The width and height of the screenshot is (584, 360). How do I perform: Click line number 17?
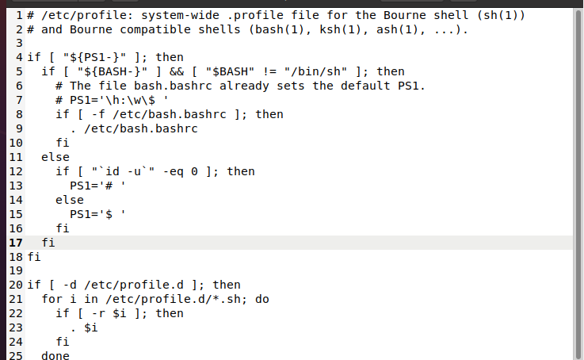click(15, 243)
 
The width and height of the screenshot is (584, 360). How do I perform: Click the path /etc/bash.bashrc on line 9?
click(141, 128)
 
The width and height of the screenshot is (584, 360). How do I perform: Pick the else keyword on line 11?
click(55, 157)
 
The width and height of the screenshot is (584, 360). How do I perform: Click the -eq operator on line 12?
click(174, 171)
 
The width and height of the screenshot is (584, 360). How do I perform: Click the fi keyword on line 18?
click(34, 257)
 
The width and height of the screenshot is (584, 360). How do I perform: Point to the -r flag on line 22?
click(98, 313)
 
